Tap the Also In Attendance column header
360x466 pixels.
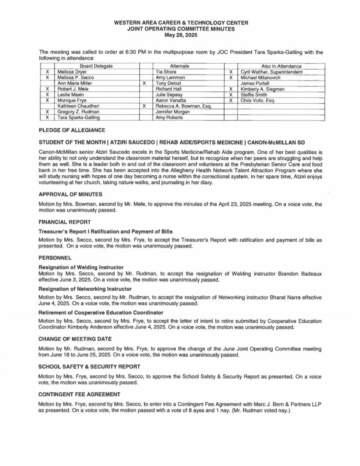click(281, 66)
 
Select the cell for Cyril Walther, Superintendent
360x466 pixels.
click(272, 72)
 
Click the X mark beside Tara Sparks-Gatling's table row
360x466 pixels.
click(47, 117)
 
